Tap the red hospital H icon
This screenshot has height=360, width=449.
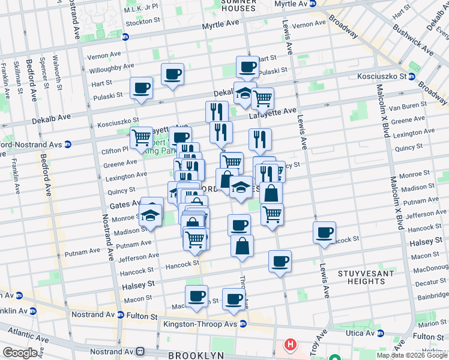(291, 345)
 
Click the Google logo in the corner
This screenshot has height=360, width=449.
(20, 353)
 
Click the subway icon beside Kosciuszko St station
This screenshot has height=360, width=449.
(412, 77)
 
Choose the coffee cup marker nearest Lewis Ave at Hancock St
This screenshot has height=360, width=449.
(325, 232)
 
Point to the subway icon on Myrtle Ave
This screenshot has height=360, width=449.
(125, 37)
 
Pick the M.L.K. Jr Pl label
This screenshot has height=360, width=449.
(141, 8)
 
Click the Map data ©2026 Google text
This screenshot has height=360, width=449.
(412, 355)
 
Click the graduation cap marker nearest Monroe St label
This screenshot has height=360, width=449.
(151, 215)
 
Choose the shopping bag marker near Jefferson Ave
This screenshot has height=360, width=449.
(242, 246)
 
